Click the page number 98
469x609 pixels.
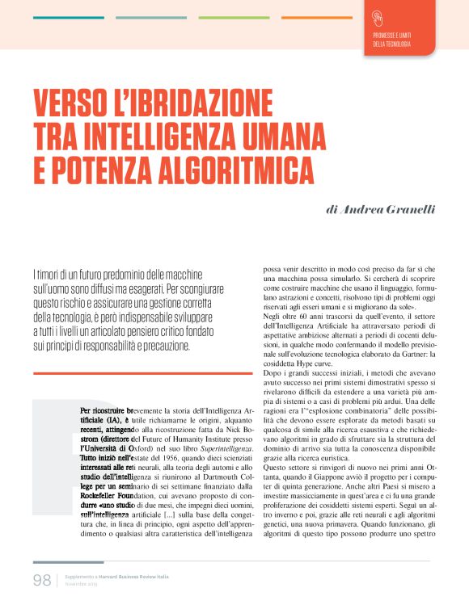point(42,580)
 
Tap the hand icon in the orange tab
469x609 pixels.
point(378,17)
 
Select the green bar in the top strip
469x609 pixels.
point(234,18)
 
